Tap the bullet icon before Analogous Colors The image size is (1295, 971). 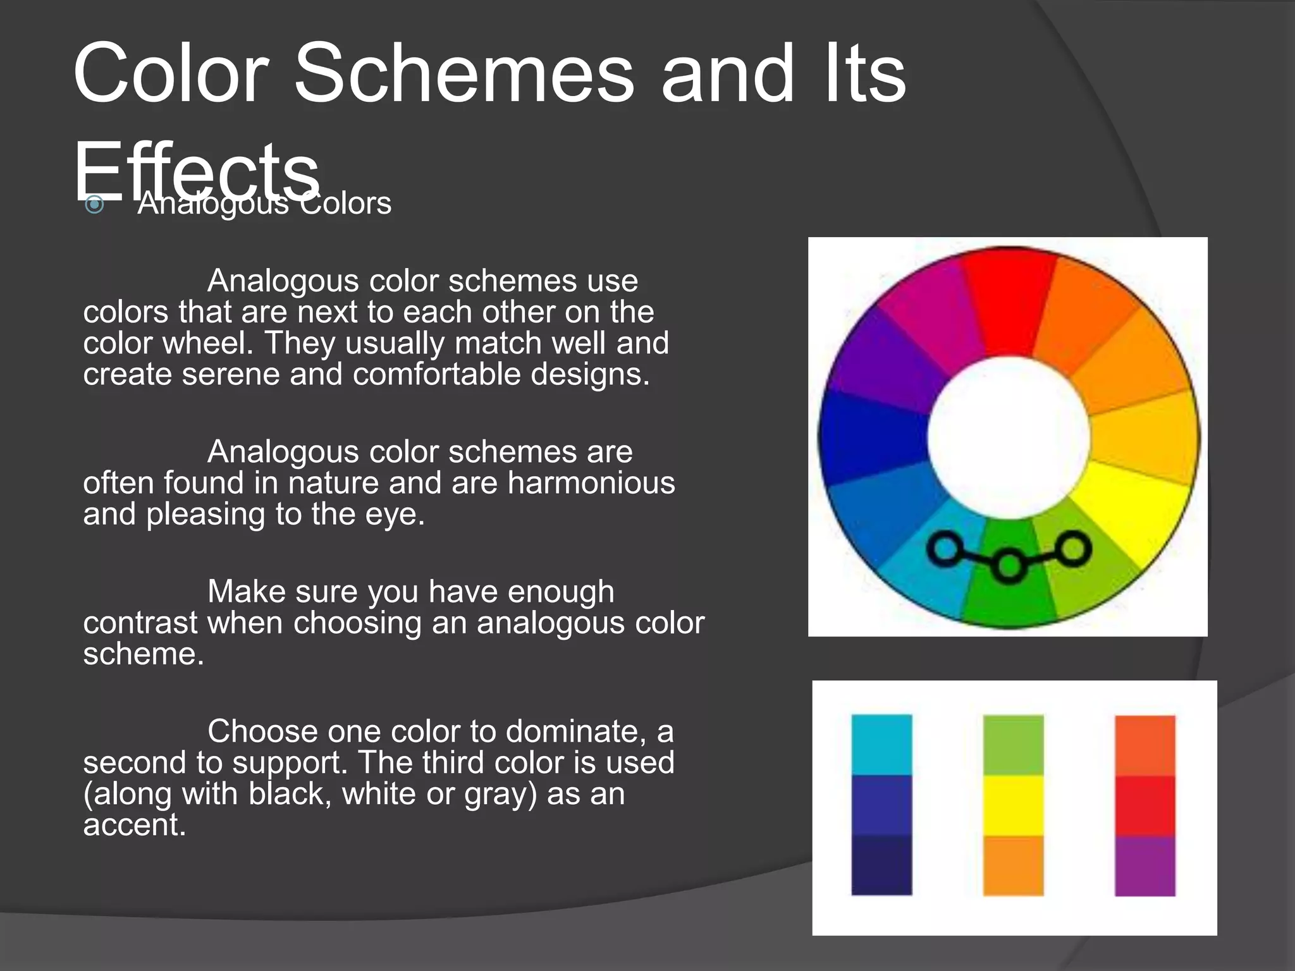point(94,204)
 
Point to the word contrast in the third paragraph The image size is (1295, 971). point(140,623)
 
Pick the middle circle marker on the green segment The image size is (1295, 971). point(1009,564)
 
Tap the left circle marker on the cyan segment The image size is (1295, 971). point(946,547)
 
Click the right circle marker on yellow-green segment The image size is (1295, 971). point(1074,548)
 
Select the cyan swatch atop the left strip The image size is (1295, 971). point(881,744)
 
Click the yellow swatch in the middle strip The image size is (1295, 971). point(1013,805)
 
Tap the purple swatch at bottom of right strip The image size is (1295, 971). point(1145,865)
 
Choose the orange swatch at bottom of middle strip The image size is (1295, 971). point(1013,865)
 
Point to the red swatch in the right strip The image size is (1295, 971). point(1145,805)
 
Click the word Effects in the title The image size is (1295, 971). point(196,171)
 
